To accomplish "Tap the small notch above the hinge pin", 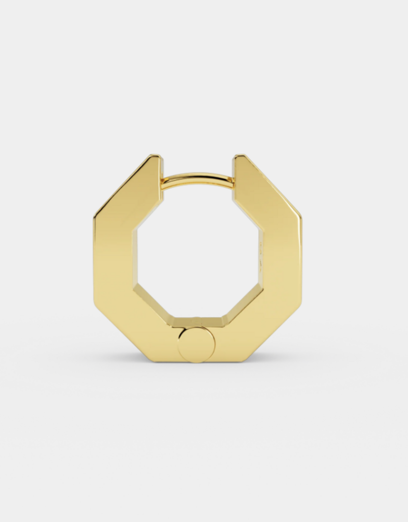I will (196, 319).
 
